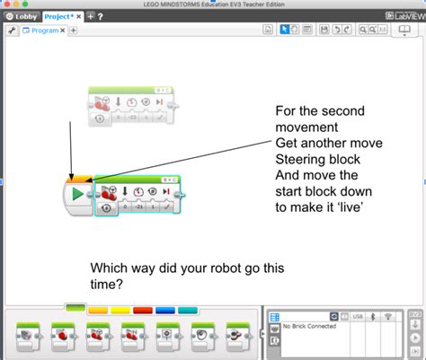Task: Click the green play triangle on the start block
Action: pos(77,193)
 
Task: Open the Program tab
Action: pos(46,30)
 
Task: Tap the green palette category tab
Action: pos(75,309)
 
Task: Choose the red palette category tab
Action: pos(143,309)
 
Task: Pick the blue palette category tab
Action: pos(165,309)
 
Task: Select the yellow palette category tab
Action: pos(98,309)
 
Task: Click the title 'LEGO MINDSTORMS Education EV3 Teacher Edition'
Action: pos(213,4)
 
